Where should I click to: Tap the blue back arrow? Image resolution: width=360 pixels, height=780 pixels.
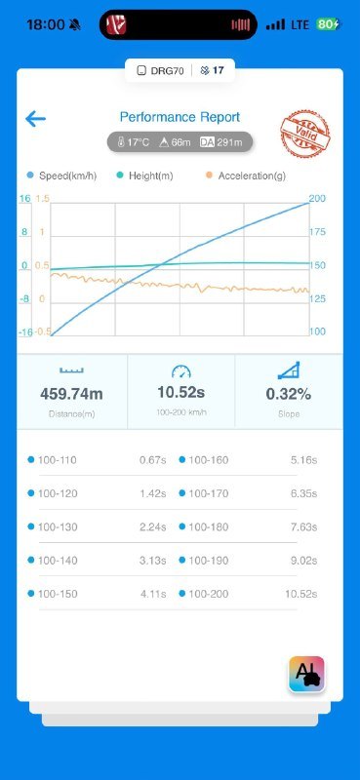coord(35,119)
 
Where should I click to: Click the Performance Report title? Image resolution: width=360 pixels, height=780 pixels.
coord(180,117)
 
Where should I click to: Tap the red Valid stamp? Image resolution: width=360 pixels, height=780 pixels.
coord(304,132)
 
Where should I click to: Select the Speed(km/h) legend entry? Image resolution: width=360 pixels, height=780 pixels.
coord(61,175)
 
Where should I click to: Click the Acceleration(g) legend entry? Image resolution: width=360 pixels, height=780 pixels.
coord(246,175)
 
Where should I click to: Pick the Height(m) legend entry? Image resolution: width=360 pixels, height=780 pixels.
coord(145,175)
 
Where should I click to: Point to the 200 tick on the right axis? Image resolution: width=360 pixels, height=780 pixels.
coord(317,199)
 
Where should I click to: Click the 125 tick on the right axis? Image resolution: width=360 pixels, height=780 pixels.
coord(317,299)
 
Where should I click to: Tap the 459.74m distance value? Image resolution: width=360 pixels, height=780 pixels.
coord(71,394)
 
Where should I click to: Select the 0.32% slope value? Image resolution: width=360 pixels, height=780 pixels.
coord(289,394)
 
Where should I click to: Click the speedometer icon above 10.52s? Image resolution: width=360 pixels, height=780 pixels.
coord(181,371)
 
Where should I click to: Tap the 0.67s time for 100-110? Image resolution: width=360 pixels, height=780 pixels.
coord(153,460)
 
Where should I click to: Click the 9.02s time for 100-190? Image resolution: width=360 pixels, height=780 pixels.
coord(303,561)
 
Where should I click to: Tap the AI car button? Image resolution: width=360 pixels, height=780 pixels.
coord(306,674)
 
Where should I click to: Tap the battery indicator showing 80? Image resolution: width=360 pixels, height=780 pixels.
coord(328,24)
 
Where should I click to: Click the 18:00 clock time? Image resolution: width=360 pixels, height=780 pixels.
coord(46,24)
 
